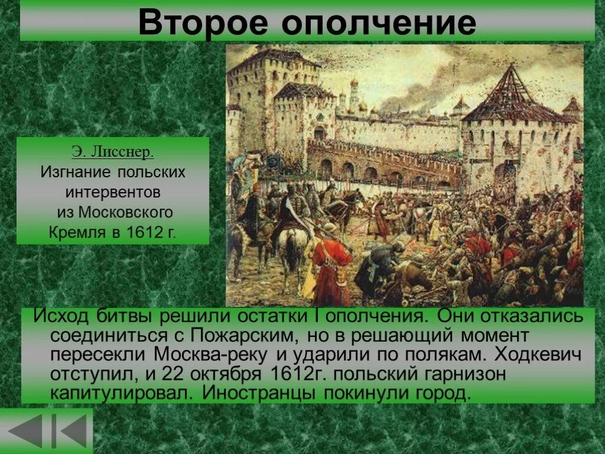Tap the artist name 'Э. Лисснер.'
[x=112, y=153]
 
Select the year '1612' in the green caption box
[x=144, y=232]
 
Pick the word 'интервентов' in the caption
[x=112, y=192]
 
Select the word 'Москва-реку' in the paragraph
[x=214, y=355]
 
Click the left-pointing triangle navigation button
[x=25, y=431]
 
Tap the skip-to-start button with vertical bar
[x=70, y=431]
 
